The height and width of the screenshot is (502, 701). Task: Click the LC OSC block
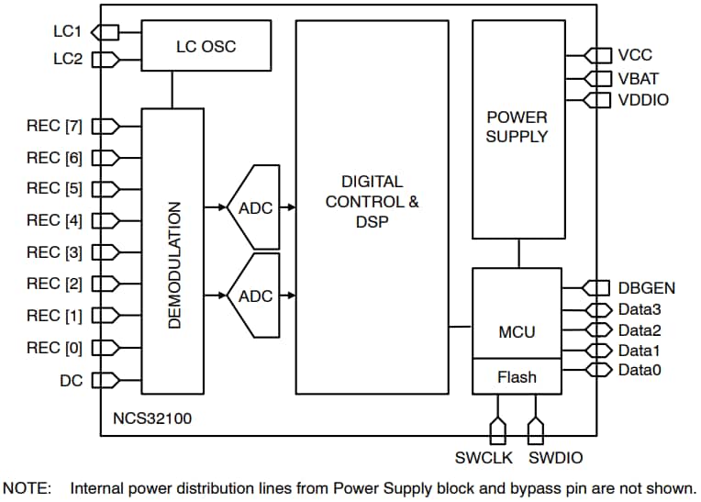206,46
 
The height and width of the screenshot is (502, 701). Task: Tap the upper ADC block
254,207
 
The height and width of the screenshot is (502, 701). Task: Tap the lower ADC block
254,296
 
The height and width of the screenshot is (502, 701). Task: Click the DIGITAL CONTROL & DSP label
372,201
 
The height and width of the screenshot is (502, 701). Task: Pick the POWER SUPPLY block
517,128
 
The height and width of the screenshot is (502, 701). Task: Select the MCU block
517,330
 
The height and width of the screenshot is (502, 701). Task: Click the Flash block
517,376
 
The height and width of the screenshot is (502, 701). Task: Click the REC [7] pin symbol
105,127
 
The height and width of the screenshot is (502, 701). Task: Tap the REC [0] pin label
54,348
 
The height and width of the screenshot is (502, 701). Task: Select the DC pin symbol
105,379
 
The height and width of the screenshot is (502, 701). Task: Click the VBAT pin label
638,78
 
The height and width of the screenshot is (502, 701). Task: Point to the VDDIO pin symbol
597,99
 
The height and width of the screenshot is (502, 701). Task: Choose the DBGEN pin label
646,288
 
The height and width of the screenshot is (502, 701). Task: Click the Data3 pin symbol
597,310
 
